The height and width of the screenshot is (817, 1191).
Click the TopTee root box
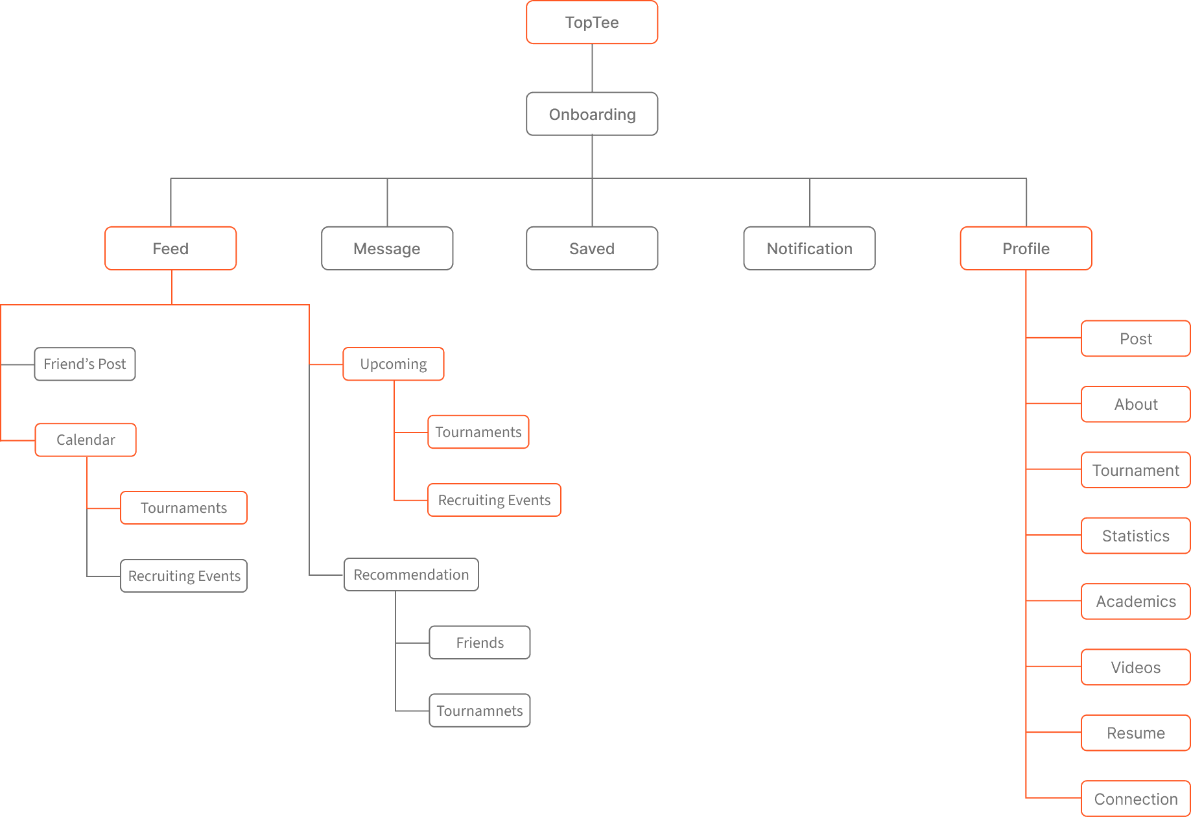592,23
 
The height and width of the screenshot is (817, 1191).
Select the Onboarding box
592,114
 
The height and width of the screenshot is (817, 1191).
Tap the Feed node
171,248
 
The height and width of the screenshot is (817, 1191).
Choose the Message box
387,248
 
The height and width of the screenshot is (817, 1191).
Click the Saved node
592,248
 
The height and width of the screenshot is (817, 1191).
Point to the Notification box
809,248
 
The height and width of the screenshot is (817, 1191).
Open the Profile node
1026,248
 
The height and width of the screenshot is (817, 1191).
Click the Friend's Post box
85,364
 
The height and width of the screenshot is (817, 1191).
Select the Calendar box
86,440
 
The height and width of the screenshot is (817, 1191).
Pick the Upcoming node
394,364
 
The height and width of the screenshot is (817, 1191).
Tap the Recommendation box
411,574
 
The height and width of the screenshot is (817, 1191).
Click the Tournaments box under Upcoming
478,432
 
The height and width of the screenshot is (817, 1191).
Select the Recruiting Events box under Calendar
184,576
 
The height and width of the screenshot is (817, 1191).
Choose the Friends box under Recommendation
480,643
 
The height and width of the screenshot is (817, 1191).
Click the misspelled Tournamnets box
480,711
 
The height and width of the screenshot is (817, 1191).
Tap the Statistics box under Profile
1136,536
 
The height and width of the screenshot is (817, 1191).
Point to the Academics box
1136,602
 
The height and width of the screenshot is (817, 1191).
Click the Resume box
1136,733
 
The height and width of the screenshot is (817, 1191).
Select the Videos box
1136,667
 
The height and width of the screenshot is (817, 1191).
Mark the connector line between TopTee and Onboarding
592,68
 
